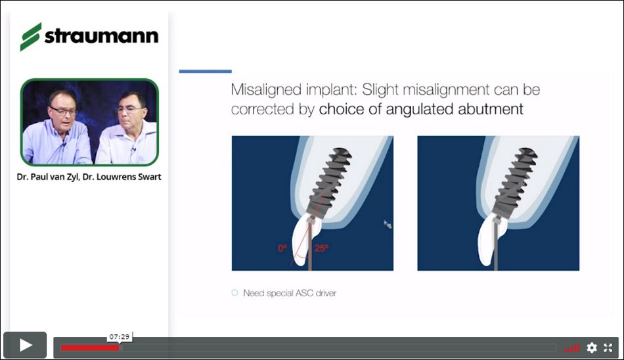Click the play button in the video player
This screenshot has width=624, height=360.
(x=25, y=345)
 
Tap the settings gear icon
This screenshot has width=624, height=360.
(x=592, y=348)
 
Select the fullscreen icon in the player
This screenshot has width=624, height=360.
(x=608, y=348)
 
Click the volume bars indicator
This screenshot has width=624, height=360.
(x=571, y=348)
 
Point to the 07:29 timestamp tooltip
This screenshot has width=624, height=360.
(x=120, y=337)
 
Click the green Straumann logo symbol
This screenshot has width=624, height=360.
(x=31, y=37)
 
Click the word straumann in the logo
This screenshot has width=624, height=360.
(x=101, y=36)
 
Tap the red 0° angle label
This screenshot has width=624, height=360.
(x=282, y=248)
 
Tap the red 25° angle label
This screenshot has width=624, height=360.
(x=322, y=248)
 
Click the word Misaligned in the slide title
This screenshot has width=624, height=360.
(x=266, y=90)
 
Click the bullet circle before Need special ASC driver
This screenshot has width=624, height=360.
(x=234, y=293)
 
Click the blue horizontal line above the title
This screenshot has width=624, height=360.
(x=206, y=72)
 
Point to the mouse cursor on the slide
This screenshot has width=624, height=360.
(x=388, y=224)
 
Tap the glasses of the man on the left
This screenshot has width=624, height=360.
(x=63, y=110)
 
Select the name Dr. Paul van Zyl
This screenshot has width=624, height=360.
(x=48, y=177)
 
